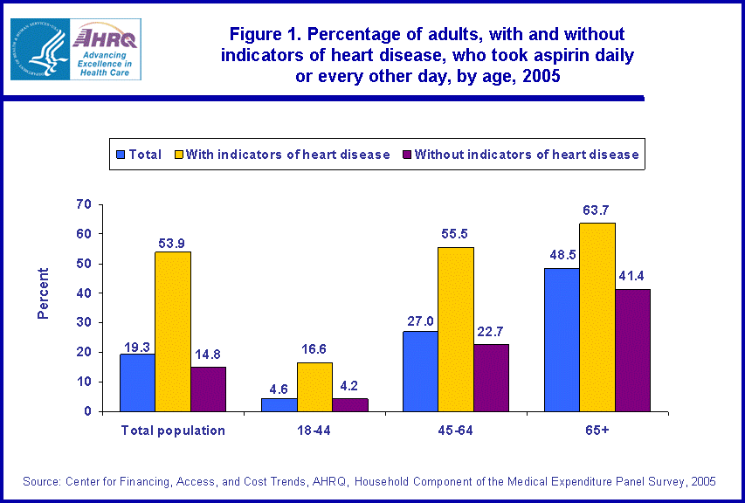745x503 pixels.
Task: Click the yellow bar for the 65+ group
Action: (597, 317)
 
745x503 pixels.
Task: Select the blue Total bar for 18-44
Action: (279, 404)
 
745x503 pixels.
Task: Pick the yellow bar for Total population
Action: (173, 331)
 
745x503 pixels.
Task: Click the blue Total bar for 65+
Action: (562, 340)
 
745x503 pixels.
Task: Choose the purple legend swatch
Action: (406, 155)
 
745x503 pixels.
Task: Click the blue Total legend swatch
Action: (121, 155)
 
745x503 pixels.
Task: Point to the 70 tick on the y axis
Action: (84, 204)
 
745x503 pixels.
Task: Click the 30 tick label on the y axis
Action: (84, 323)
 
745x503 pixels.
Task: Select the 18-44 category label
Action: (314, 430)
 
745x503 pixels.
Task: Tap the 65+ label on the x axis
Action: (597, 430)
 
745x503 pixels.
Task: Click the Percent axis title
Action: (43, 293)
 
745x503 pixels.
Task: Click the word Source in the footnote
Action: (41, 481)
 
